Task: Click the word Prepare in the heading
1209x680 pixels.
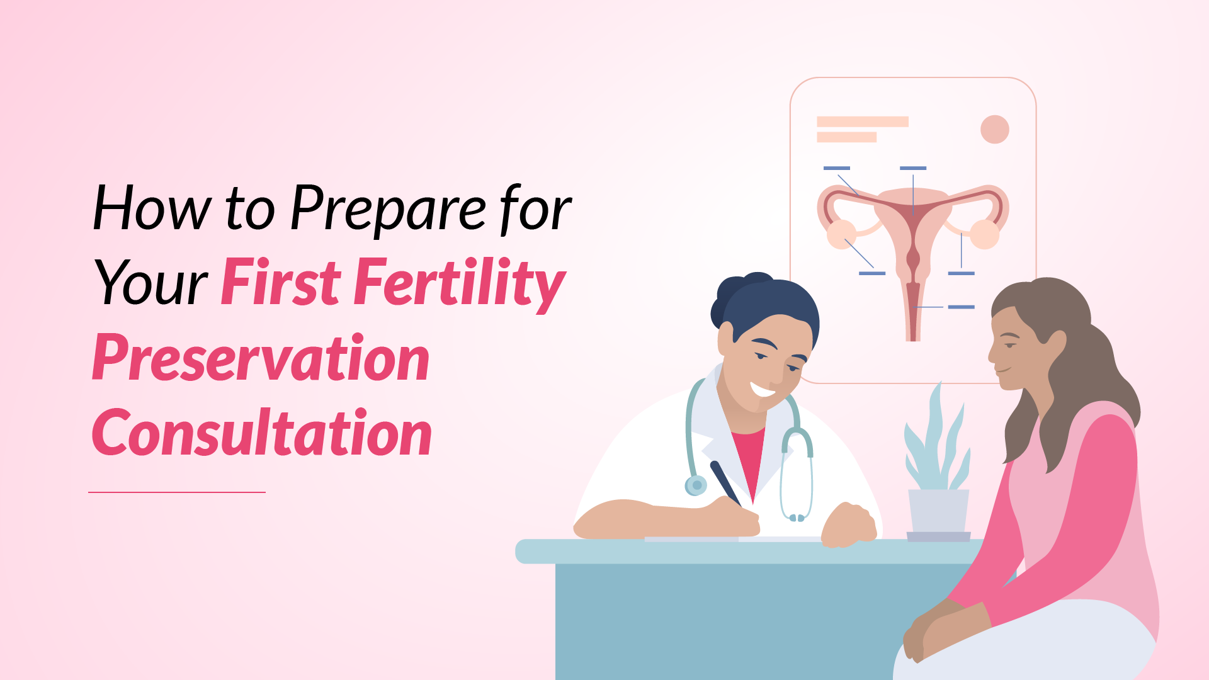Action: [x=388, y=209]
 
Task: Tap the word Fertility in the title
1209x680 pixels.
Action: [x=460, y=284]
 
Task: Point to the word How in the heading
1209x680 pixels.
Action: [x=152, y=208]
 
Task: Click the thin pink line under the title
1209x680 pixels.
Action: [x=177, y=492]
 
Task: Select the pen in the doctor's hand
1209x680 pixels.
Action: [x=726, y=483]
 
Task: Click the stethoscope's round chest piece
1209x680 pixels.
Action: [x=696, y=485]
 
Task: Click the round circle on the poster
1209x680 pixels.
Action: [x=995, y=129]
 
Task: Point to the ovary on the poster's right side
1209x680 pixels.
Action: [x=984, y=234]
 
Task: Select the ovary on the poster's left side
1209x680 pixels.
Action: [x=841, y=234]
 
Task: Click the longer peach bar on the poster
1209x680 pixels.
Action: [x=863, y=122]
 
